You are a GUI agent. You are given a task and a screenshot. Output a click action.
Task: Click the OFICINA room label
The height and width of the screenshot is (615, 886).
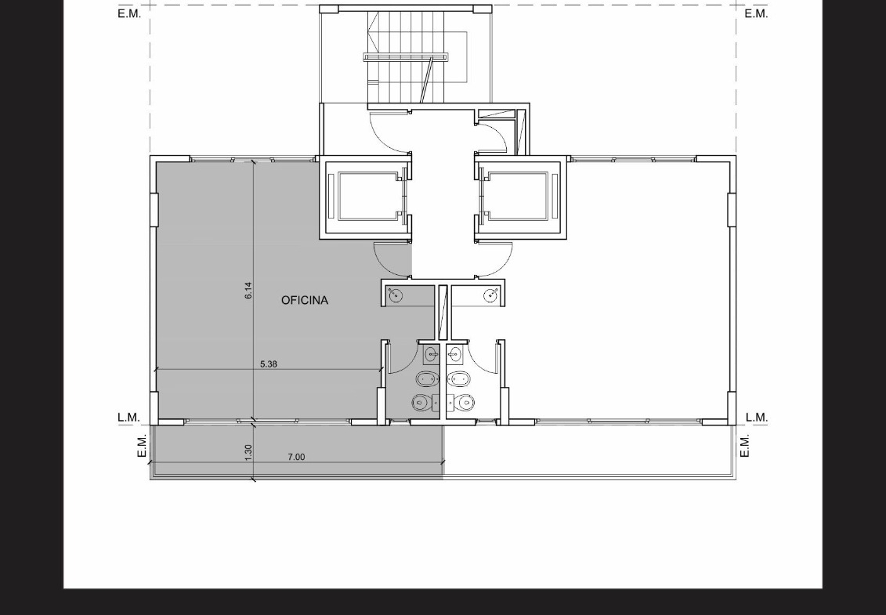(x=305, y=300)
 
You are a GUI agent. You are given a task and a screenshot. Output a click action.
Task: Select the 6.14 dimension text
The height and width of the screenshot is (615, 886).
(x=248, y=291)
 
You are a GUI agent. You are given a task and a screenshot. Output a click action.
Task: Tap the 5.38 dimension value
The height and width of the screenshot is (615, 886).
(x=269, y=364)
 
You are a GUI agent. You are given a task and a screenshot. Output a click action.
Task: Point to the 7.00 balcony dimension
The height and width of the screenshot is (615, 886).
(x=296, y=457)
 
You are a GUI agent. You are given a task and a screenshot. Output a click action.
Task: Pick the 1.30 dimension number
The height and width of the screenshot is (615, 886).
(x=248, y=452)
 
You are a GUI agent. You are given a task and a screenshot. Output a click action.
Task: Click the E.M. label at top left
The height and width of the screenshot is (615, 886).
(x=129, y=14)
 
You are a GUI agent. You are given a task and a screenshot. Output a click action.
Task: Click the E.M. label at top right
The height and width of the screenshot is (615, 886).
(x=756, y=14)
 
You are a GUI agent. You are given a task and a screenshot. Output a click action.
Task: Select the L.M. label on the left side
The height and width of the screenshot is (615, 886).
(x=128, y=418)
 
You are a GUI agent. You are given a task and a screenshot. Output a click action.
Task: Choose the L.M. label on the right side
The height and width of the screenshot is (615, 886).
(x=757, y=418)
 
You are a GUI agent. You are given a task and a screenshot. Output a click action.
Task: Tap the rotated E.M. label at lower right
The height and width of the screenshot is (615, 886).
(x=745, y=446)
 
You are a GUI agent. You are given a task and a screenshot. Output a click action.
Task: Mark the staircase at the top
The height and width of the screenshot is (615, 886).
(x=406, y=56)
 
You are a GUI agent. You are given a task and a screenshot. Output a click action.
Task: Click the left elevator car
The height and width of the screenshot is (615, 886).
(x=366, y=196)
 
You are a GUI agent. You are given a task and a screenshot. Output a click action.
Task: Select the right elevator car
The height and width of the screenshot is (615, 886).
(x=519, y=196)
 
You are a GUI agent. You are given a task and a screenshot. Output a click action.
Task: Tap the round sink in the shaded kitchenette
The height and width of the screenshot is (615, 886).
(x=396, y=295)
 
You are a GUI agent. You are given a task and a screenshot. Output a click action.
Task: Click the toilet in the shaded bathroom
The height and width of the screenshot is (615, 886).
(x=423, y=403)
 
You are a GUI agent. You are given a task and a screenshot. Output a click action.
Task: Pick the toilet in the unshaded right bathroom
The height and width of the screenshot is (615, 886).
(x=462, y=403)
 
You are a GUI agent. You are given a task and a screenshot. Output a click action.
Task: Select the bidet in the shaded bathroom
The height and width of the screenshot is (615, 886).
(x=427, y=378)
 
